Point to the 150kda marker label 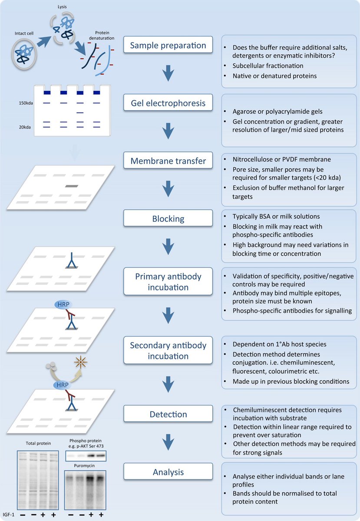click(24, 103)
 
